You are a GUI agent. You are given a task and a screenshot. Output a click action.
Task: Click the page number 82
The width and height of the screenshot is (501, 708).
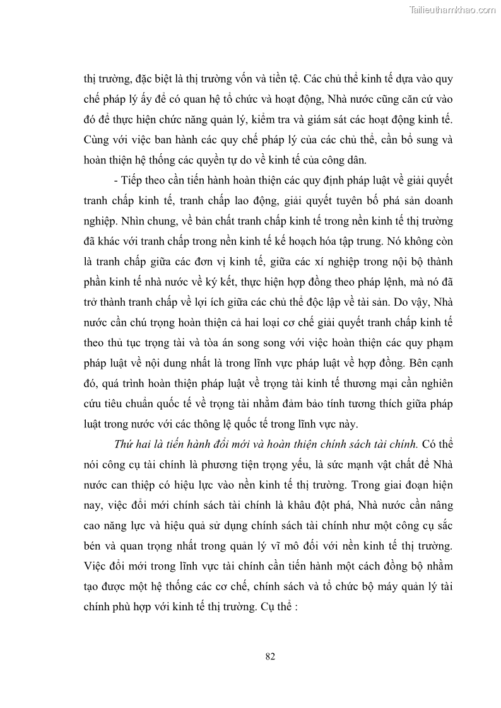[x=270, y=656]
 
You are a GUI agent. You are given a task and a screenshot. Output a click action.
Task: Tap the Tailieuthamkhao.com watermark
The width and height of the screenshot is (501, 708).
[x=453, y=9]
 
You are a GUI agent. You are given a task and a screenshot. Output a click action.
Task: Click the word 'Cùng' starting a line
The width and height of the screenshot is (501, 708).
[x=97, y=139]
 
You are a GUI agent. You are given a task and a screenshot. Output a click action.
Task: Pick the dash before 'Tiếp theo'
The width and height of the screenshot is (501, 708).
[x=116, y=180]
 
